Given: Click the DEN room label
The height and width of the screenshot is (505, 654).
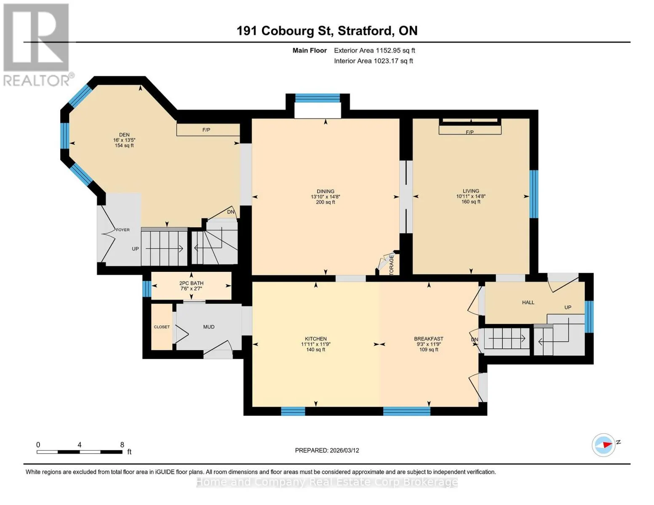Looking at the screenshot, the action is pyautogui.click(x=124, y=135).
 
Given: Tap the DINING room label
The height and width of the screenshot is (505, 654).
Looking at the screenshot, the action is pyautogui.click(x=326, y=191).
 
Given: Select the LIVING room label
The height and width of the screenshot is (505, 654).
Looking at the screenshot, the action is pyautogui.click(x=471, y=191).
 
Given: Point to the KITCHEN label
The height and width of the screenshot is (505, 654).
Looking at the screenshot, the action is pyautogui.click(x=316, y=339).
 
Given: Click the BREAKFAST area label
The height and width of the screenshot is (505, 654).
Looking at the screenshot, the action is pyautogui.click(x=429, y=339).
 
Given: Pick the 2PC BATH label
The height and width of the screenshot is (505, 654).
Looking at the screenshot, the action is pyautogui.click(x=191, y=283).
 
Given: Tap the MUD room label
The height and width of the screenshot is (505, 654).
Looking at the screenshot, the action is pyautogui.click(x=208, y=327).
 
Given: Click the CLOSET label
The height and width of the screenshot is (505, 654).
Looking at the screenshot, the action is pyautogui.click(x=162, y=327).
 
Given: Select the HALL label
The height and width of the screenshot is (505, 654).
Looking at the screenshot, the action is pyautogui.click(x=528, y=302).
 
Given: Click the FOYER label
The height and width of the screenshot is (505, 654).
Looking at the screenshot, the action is pyautogui.click(x=123, y=229).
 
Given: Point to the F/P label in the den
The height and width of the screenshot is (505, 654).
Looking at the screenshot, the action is pyautogui.click(x=206, y=130).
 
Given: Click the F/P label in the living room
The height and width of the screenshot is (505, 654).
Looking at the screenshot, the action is pyautogui.click(x=470, y=132).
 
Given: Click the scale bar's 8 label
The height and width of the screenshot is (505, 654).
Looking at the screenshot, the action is pyautogui.click(x=122, y=444).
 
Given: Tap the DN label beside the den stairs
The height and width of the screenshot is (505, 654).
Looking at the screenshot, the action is pyautogui.click(x=230, y=212).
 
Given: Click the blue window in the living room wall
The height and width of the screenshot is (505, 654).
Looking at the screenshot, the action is pyautogui.click(x=533, y=194).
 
